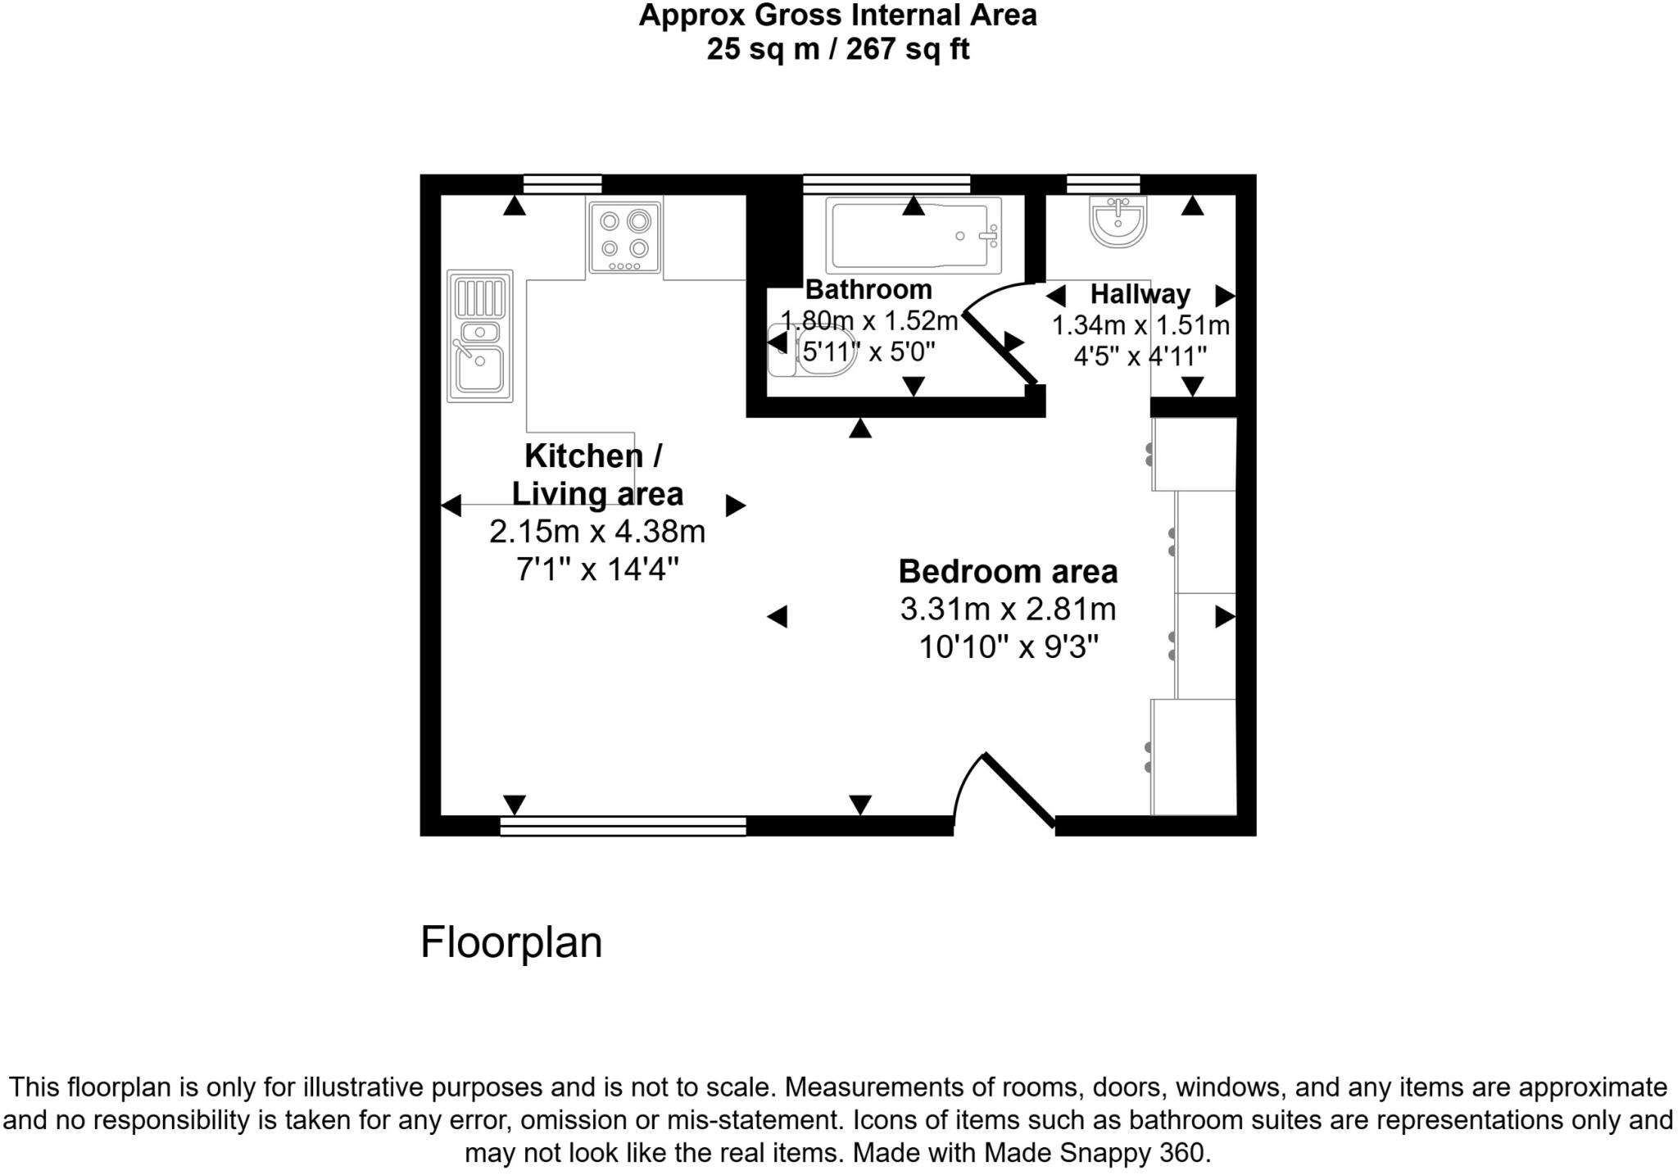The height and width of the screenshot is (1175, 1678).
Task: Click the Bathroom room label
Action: coord(868,289)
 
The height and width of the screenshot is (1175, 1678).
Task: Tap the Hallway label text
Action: coord(1140,293)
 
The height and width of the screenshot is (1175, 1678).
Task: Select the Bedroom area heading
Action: coord(1008,571)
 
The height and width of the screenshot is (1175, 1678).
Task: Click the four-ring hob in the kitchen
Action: coord(624,238)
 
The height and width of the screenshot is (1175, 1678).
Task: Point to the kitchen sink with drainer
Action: coord(480,336)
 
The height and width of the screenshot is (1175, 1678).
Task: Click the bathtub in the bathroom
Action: coord(913,235)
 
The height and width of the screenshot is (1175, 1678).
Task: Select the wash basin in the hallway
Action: coord(1118,220)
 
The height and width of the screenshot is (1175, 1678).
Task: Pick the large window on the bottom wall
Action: coord(623,826)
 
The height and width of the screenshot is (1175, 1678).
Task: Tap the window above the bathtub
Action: coord(887,184)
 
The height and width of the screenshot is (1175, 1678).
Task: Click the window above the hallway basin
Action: coord(1103,184)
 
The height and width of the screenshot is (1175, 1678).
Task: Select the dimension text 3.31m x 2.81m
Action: coord(1008,610)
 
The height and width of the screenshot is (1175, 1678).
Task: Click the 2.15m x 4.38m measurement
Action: coord(596,532)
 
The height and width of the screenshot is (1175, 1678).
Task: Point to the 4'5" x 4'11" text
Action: coord(1140,356)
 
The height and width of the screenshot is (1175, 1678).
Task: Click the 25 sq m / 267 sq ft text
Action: coord(837,49)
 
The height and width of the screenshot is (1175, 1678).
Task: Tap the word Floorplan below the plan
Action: coord(510,942)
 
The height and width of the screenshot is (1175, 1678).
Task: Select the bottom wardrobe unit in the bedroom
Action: coord(1193,757)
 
